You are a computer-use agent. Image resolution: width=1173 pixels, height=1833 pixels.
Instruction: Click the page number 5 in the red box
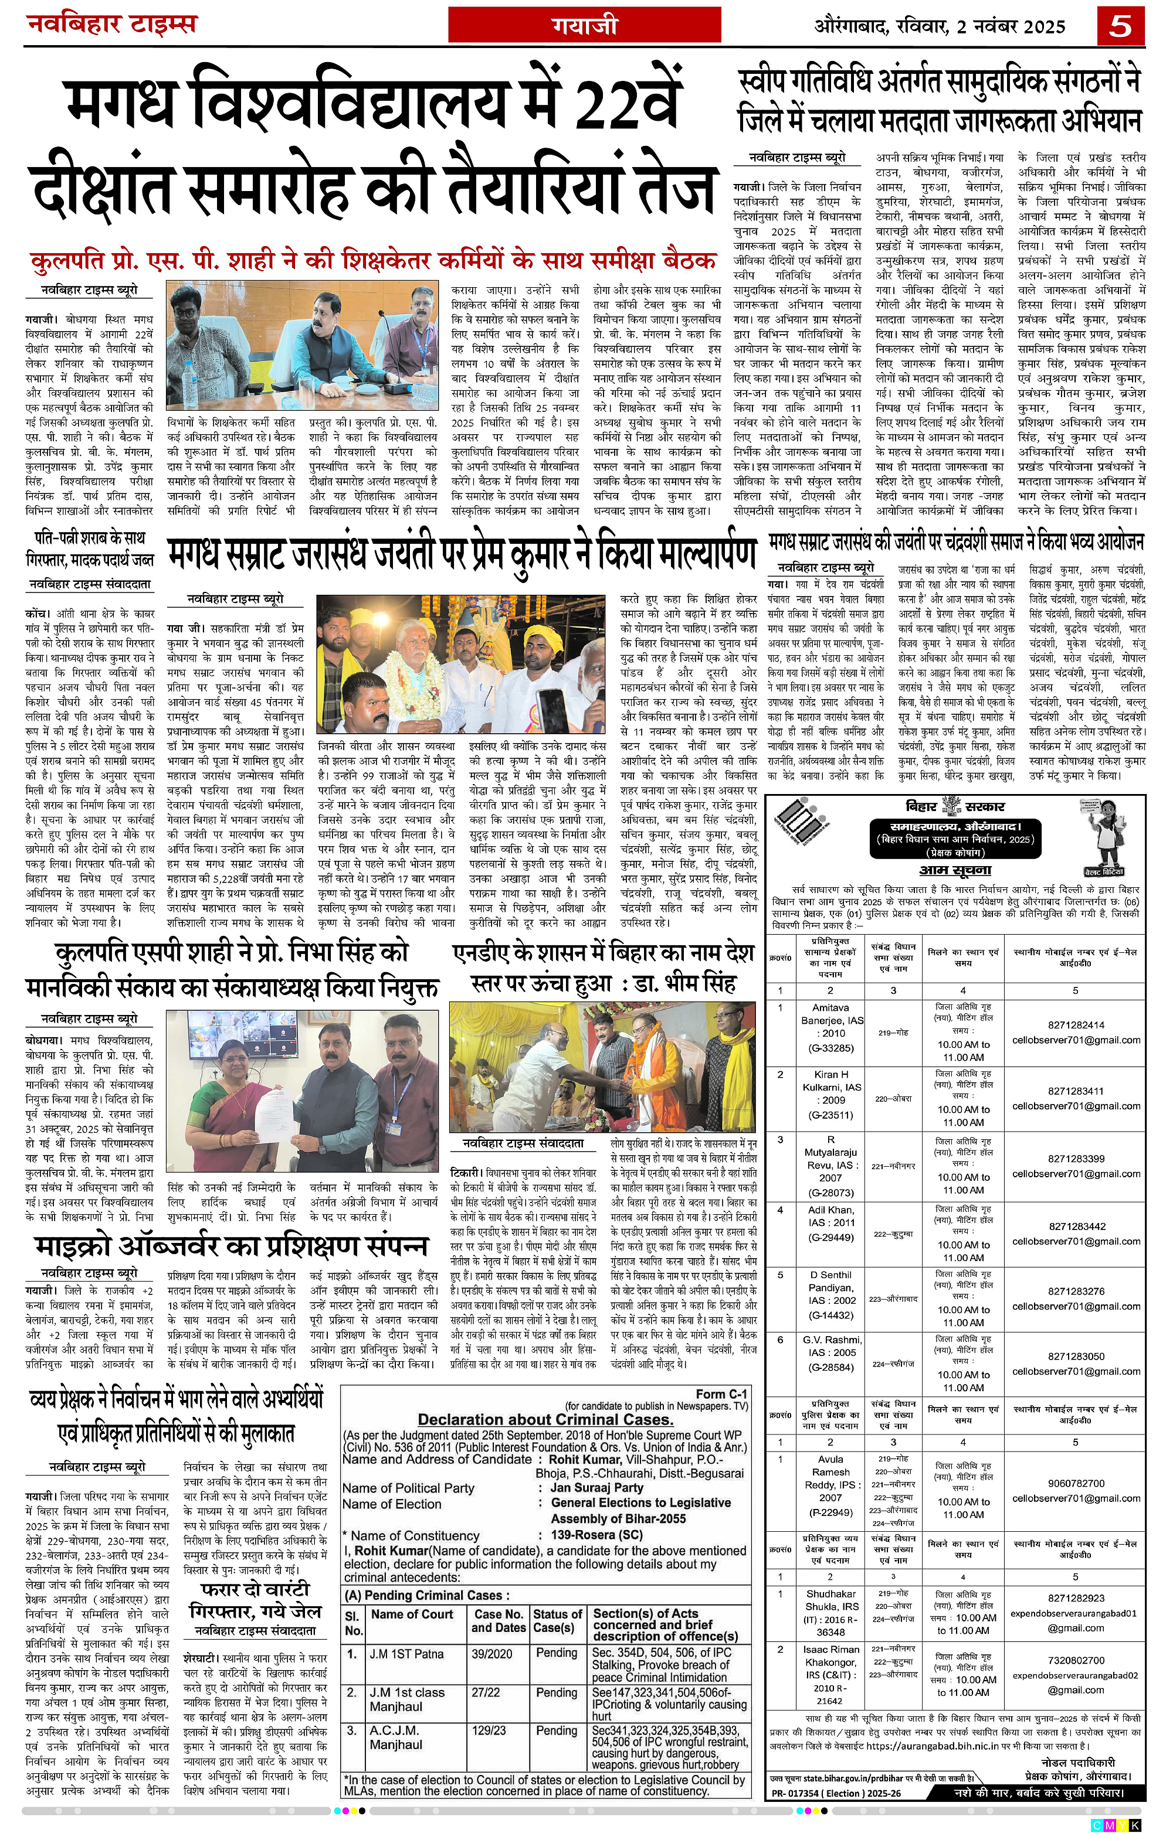1120,26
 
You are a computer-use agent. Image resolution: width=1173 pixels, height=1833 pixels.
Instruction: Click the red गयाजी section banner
584,26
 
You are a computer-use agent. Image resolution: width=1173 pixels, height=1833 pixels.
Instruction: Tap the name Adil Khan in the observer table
830,1209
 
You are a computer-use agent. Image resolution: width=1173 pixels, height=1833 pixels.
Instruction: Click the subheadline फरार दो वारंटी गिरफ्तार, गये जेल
255,1601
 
